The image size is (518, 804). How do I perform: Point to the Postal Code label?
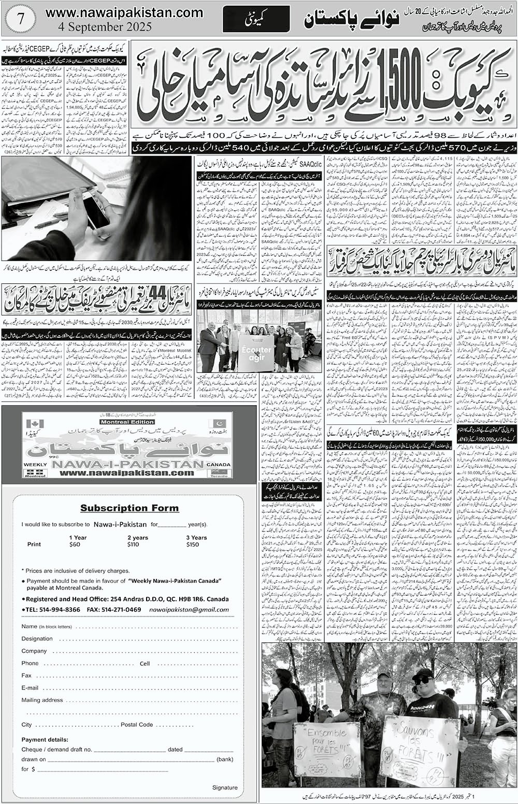pos(136,724)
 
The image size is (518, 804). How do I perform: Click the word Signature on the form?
pos(225,787)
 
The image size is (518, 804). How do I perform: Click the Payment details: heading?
pos(45,739)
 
